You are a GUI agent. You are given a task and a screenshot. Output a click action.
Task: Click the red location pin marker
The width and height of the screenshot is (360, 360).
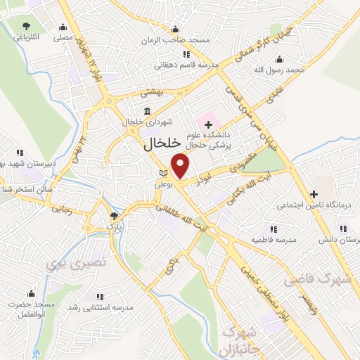click(x=181, y=165)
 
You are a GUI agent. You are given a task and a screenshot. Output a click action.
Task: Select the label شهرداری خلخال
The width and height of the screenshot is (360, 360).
click(x=144, y=122)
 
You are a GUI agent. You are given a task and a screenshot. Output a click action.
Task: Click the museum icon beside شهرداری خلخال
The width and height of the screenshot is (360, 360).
click(x=147, y=111)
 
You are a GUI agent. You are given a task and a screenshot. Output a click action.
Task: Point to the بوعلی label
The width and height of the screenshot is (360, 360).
click(x=164, y=184)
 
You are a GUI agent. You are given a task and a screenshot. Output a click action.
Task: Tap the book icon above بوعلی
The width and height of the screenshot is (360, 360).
click(x=164, y=173)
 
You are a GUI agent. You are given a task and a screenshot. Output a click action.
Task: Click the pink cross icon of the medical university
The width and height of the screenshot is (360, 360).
click(x=208, y=124)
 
